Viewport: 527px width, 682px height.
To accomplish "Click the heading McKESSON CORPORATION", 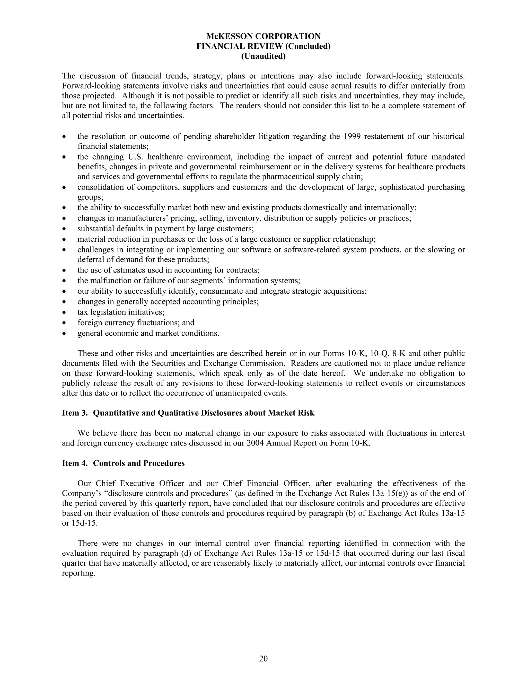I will (263, 36).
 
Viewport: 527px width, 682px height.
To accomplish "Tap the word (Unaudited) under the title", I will (263, 56).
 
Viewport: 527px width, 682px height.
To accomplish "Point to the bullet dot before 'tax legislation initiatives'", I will (64, 312).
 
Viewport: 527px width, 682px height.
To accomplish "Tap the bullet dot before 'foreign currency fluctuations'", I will (64, 323).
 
